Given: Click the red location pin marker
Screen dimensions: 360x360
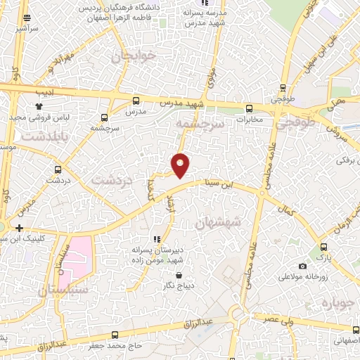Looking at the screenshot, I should (x=181, y=165).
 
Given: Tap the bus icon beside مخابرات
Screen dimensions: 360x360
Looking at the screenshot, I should (x=250, y=109).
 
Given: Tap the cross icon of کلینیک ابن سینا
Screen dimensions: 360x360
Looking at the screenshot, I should (x=19, y=228).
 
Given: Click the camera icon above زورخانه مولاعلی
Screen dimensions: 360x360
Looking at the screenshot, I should (x=302, y=266).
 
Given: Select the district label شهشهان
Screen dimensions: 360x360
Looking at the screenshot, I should (x=218, y=222).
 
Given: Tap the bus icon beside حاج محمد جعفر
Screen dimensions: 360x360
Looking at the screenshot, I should (x=115, y=335).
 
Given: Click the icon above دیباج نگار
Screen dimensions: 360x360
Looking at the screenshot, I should (x=179, y=275).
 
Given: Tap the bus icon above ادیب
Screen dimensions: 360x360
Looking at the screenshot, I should (x=39, y=79).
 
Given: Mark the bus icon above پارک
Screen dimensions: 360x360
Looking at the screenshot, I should (x=323, y=247).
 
